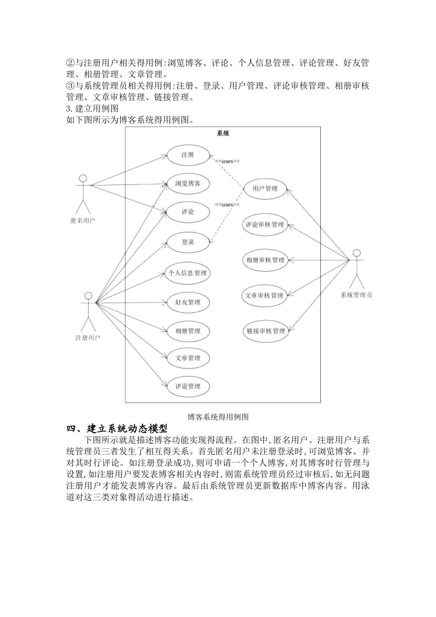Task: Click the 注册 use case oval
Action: (188, 155)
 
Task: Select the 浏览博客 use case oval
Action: (188, 184)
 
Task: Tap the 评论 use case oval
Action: (188, 212)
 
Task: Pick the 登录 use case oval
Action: (188, 242)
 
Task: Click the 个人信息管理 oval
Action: (188, 273)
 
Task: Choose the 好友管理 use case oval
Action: (188, 303)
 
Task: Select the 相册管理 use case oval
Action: (188, 331)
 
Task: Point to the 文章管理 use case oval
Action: (188, 358)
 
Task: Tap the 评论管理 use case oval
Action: (188, 387)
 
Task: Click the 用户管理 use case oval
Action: (265, 188)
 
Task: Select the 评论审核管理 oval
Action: (265, 225)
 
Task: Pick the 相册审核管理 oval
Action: (265, 260)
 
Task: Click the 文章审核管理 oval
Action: (265, 296)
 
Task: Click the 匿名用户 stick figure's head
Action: (83, 178)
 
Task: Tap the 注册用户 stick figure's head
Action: (88, 296)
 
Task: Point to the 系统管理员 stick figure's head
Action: (356, 253)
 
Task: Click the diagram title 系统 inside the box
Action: (223, 134)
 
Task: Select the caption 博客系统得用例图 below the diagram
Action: (218, 417)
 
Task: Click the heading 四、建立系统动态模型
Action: (117, 429)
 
